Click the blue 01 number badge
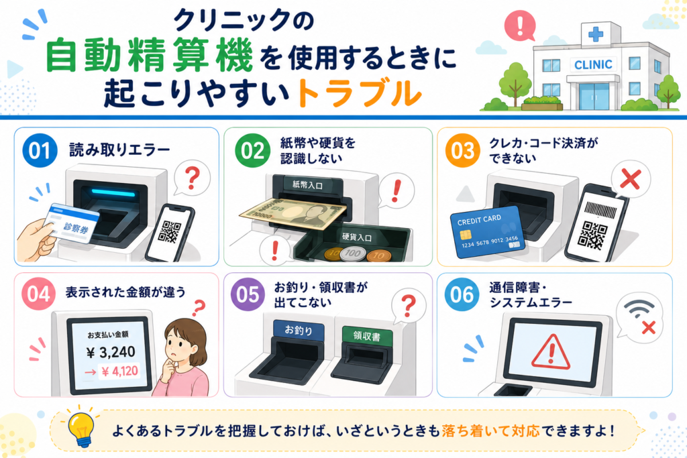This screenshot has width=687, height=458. [x=40, y=151]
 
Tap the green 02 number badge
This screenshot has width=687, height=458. [x=252, y=151]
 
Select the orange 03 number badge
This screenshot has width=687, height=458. [x=463, y=151]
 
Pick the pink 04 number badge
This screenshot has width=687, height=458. [x=39, y=294]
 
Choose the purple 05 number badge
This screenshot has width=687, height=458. [x=248, y=294]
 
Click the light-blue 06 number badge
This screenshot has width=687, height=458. [x=462, y=294]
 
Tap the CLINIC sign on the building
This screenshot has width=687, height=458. [x=593, y=65]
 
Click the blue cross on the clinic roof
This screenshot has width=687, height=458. [x=596, y=34]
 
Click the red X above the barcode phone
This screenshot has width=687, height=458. [x=631, y=179]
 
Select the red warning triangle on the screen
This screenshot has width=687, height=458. [x=551, y=352]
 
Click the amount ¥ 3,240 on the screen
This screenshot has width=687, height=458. [x=111, y=352]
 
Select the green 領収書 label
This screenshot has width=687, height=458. [x=367, y=336]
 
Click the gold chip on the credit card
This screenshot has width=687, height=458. [x=466, y=235]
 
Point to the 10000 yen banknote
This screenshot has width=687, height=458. [x=295, y=214]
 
